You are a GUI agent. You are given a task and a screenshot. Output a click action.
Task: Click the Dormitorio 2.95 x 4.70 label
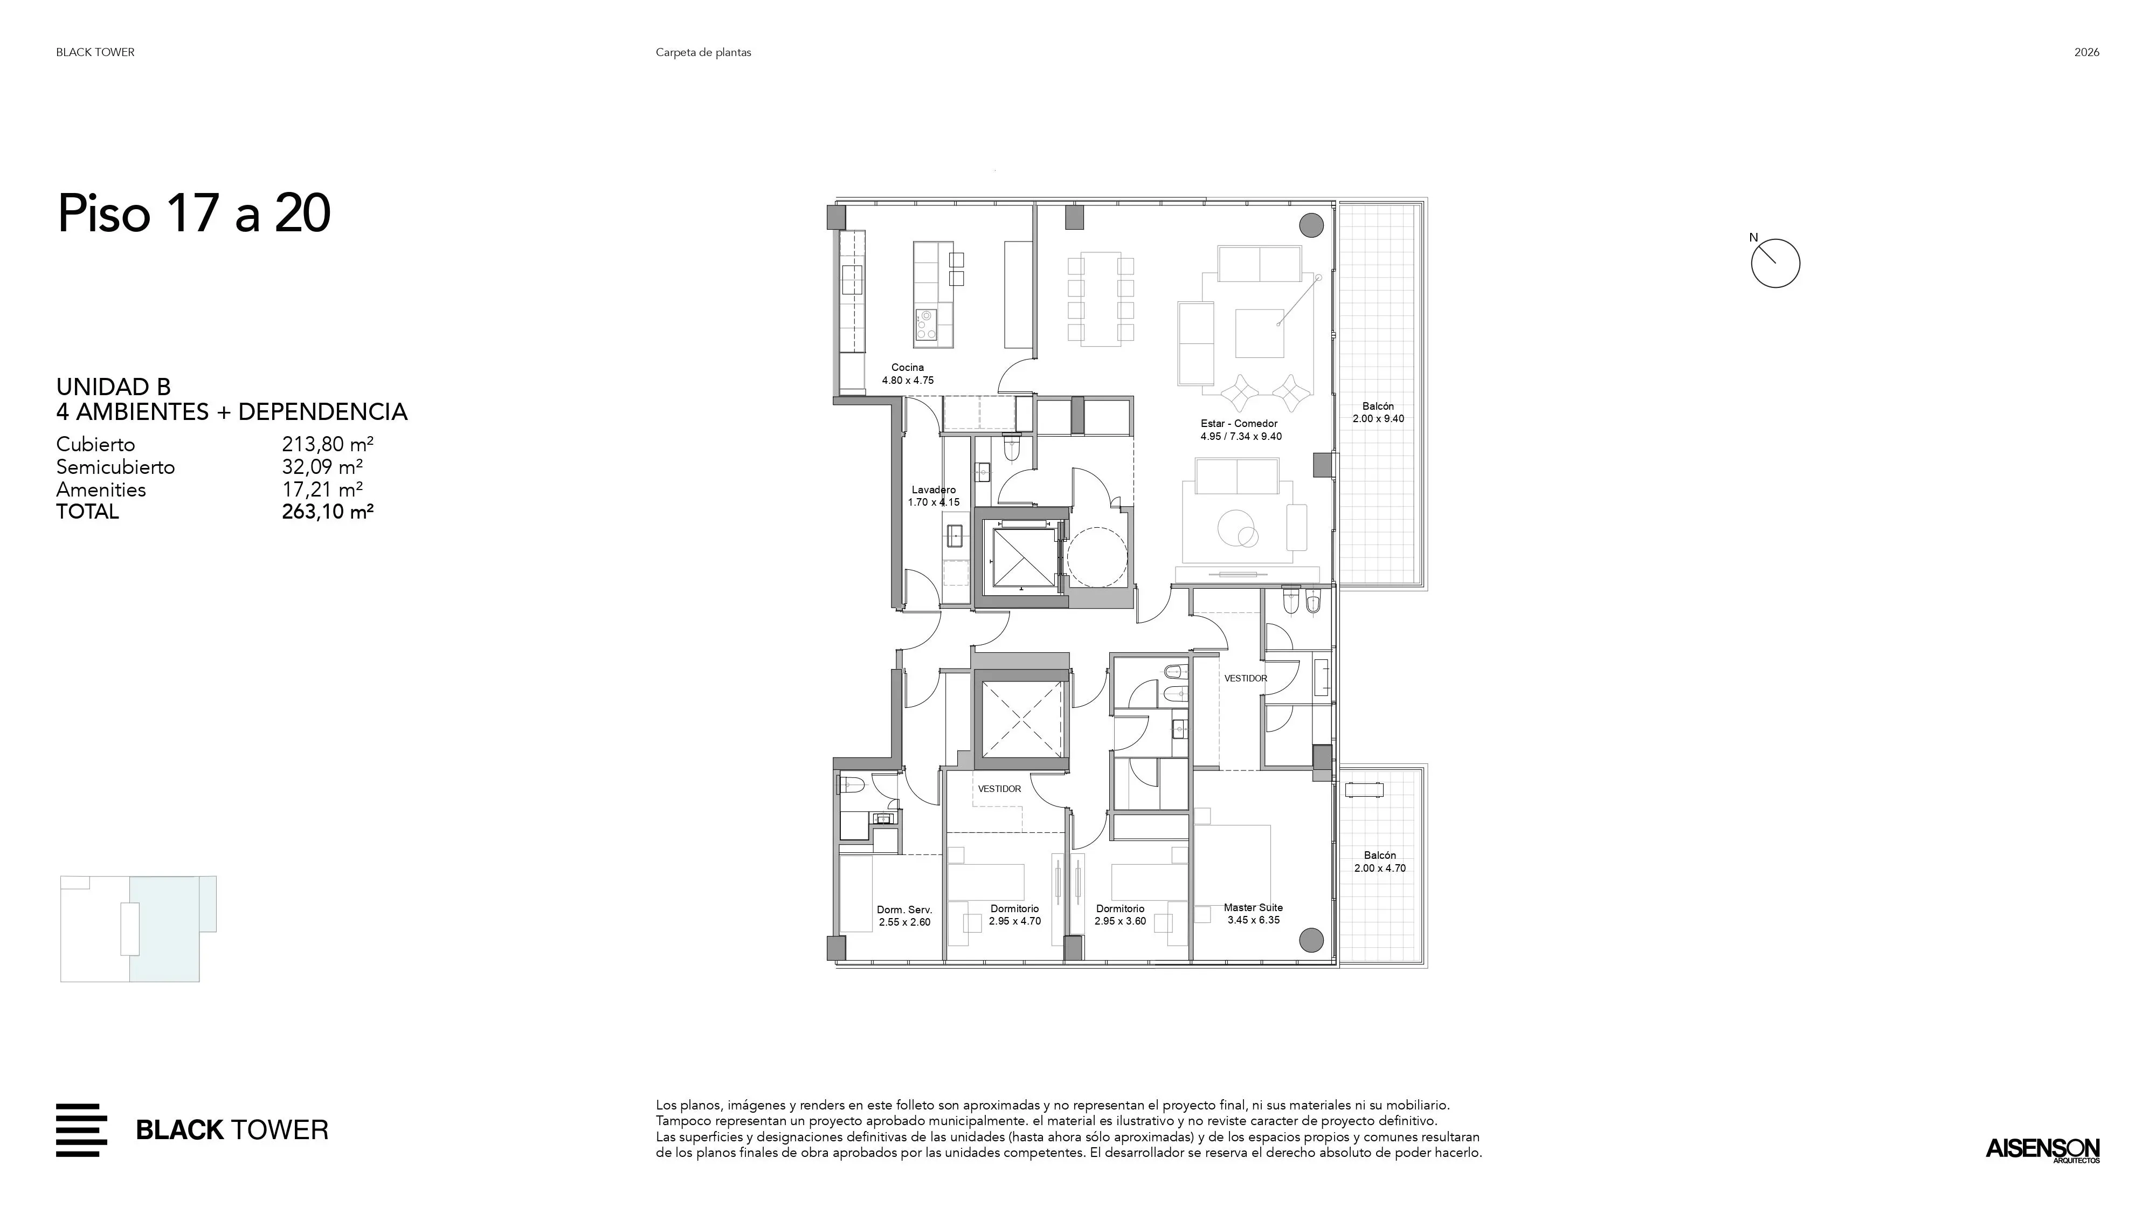click(x=1014, y=915)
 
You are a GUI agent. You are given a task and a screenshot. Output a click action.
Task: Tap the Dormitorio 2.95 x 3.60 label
click(x=1120, y=915)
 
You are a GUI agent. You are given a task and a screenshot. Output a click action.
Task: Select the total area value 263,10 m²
click(x=327, y=512)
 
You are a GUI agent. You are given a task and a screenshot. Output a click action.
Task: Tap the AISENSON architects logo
click(x=2042, y=1149)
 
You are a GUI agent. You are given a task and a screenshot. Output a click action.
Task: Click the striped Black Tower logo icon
click(x=81, y=1130)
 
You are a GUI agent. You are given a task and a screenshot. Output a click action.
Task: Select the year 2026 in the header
click(x=2086, y=52)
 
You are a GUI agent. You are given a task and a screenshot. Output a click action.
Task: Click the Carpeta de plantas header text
click(x=703, y=52)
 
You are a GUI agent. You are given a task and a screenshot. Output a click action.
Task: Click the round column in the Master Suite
click(x=1311, y=939)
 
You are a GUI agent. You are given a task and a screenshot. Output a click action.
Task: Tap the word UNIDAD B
click(x=113, y=387)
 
